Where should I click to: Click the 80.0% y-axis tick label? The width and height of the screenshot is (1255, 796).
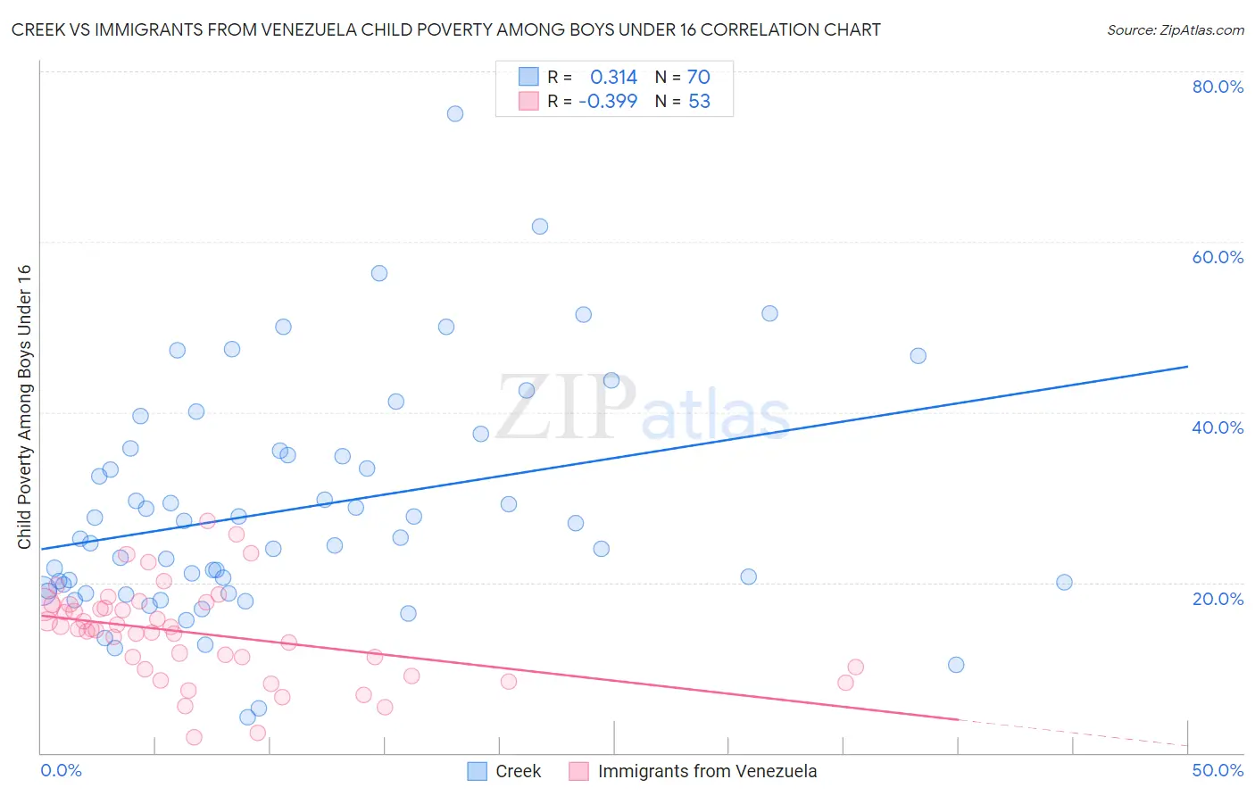[1218, 87]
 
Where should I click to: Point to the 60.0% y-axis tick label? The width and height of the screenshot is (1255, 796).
[1218, 257]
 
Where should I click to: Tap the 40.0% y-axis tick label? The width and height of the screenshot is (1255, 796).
[1218, 427]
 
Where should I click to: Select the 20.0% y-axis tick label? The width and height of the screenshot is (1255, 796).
[1218, 599]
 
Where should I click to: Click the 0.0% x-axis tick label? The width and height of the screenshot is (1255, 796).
[61, 770]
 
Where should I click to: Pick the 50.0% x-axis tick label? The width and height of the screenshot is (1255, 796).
[1218, 770]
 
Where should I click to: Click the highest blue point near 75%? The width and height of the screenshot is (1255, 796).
[455, 113]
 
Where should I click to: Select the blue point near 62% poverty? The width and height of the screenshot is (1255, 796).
[540, 227]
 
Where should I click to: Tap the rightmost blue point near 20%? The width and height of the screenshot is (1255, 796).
[1064, 583]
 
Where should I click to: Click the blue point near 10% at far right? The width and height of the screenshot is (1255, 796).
[956, 665]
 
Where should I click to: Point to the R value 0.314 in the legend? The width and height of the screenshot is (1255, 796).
[613, 78]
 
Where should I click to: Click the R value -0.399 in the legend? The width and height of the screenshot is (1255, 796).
[608, 102]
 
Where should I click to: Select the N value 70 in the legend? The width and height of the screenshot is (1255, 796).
[698, 78]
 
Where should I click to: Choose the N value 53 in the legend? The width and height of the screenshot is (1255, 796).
[699, 102]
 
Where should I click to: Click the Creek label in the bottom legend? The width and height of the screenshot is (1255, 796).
[518, 771]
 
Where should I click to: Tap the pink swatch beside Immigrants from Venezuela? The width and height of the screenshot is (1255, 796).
[578, 771]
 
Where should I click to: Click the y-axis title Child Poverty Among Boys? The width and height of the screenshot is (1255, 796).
[24, 407]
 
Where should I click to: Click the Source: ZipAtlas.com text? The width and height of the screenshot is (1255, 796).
[1175, 30]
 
